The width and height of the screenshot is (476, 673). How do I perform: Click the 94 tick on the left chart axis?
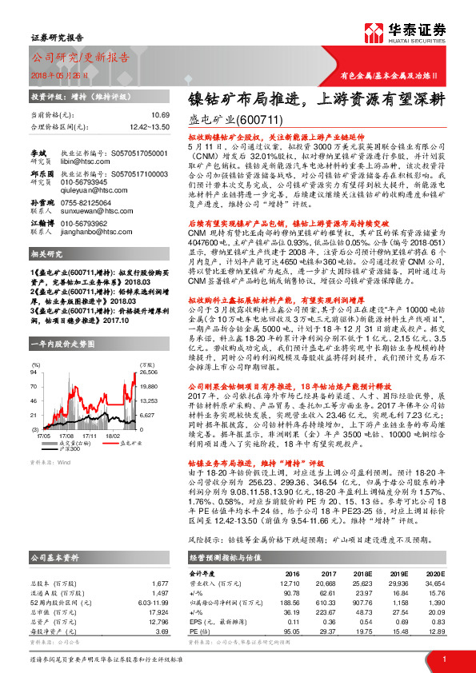pos(35,350)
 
